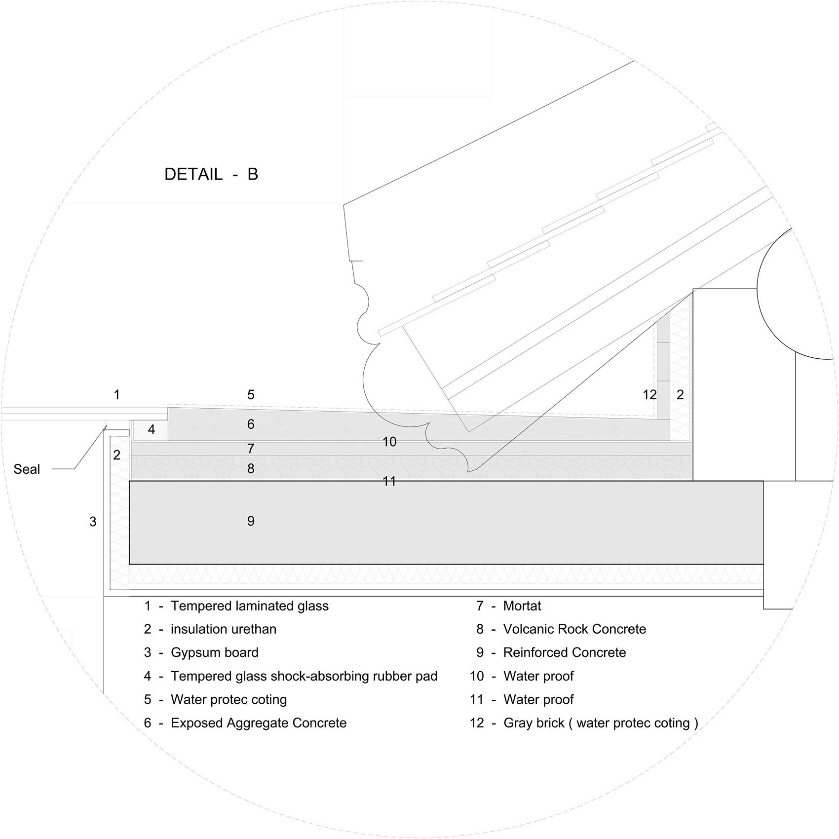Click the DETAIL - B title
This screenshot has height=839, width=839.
tap(211, 174)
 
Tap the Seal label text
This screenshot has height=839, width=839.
tap(27, 469)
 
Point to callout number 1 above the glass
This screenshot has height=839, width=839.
tap(116, 395)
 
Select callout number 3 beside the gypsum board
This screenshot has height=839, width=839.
tap(93, 522)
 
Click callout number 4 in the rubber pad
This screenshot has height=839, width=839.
tap(152, 430)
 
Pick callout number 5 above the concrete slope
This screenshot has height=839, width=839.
tap(251, 395)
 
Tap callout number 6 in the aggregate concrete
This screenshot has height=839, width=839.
tap(251, 424)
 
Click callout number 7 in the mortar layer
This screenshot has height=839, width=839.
tap(251, 449)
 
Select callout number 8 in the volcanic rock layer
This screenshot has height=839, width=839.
tap(251, 468)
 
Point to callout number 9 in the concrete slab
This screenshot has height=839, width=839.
tap(251, 521)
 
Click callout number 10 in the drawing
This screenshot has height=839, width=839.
tap(389, 442)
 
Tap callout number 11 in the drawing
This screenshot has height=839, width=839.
tap(389, 481)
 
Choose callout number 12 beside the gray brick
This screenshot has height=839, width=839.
tap(650, 395)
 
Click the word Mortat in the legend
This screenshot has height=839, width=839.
tap(522, 606)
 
